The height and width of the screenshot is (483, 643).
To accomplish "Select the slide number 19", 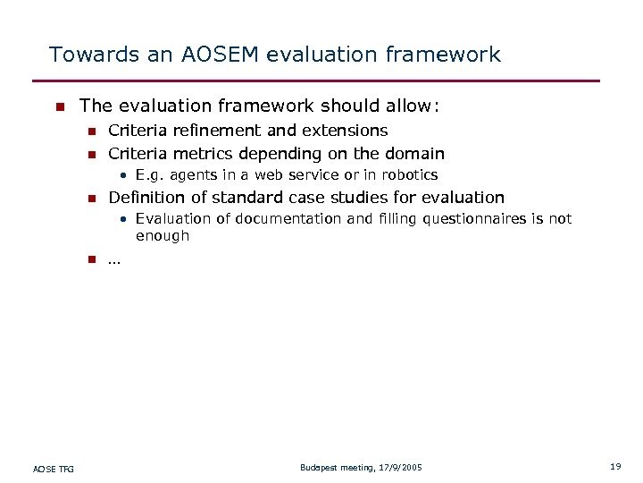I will (615, 467).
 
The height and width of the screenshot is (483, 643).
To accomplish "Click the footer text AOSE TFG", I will (54, 468).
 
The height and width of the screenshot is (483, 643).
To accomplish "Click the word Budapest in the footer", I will (319, 468).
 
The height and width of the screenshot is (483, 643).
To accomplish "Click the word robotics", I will (408, 175).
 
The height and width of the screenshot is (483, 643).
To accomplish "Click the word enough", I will (163, 236).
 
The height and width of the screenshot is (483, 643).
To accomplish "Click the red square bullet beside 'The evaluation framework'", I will (59, 107).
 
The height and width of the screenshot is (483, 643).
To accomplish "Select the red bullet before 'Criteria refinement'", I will (90, 131).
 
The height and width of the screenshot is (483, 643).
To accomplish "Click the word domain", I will (414, 154).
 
